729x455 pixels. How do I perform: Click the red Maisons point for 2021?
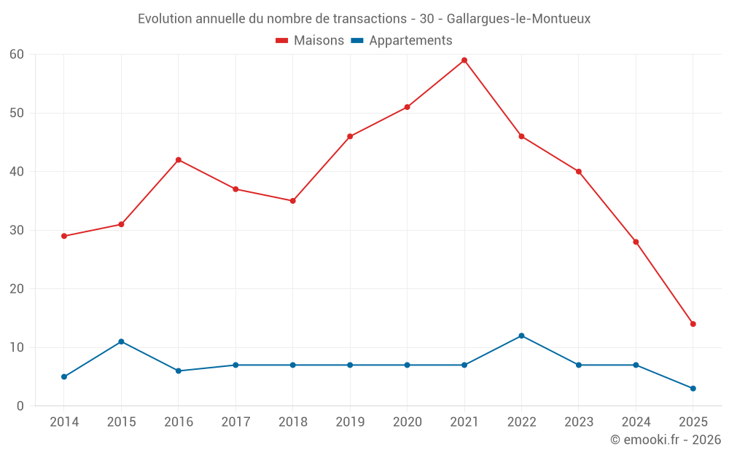(464, 60)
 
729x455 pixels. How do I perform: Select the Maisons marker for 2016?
(179, 160)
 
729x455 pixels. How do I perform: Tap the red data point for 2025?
(693, 324)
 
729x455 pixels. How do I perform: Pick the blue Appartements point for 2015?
(121, 341)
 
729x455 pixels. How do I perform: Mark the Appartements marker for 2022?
(521, 336)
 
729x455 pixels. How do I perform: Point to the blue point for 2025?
(693, 388)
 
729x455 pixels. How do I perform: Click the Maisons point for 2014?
(64, 236)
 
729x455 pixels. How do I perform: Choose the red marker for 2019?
(350, 136)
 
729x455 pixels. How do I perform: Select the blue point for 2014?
(64, 376)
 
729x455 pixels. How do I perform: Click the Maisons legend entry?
(310, 41)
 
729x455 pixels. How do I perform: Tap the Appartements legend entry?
(402, 41)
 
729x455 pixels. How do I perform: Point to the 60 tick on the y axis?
(17, 55)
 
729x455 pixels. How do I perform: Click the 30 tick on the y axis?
(17, 230)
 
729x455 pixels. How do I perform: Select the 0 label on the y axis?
(20, 405)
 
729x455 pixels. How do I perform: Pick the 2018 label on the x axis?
(293, 422)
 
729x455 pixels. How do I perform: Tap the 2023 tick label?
(579, 422)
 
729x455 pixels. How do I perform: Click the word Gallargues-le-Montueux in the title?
(519, 19)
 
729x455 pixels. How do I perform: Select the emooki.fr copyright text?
(666, 440)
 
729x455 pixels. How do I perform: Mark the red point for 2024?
(636, 242)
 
